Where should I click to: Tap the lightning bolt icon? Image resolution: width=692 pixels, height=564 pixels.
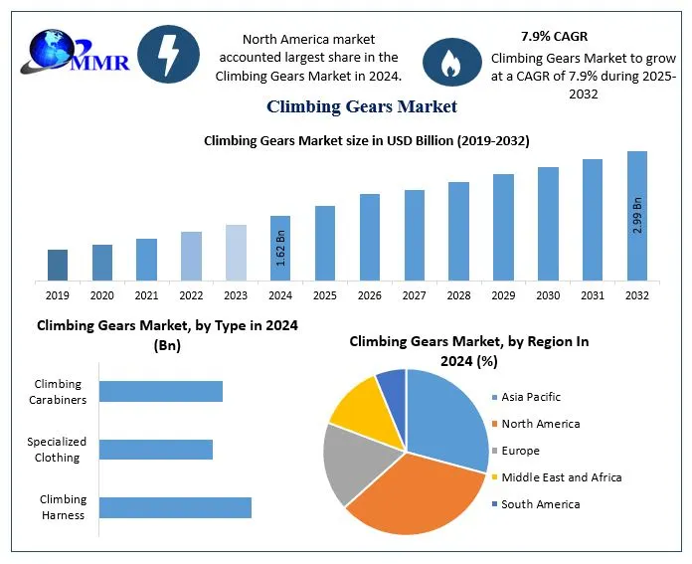point(165,56)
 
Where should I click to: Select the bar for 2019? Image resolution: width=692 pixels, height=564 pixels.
point(59,265)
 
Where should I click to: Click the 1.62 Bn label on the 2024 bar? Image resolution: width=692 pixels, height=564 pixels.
point(280,249)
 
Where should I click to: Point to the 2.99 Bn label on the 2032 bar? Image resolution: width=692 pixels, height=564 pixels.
point(637,216)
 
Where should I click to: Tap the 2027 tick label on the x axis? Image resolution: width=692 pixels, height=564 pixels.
point(414,295)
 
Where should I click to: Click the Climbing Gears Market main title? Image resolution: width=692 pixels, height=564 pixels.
point(361,106)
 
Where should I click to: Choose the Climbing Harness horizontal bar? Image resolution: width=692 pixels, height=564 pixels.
point(175,507)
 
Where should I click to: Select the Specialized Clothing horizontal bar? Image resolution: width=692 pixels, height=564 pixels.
point(156,450)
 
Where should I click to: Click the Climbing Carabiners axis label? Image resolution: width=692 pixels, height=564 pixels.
point(58,392)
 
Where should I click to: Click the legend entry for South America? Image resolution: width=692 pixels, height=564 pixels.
point(540,504)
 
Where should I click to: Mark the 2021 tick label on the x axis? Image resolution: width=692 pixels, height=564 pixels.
point(147,295)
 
